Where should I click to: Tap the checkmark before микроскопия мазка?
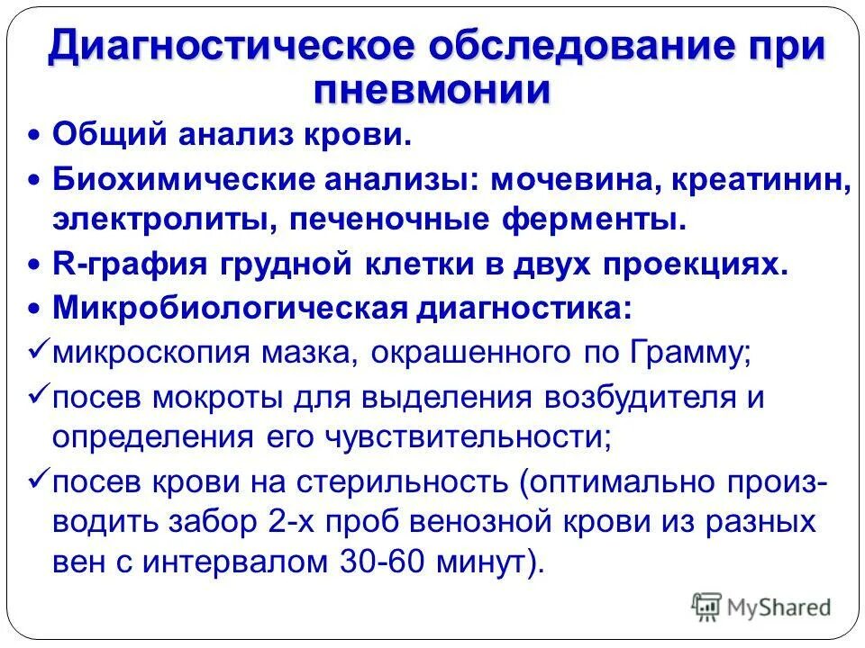37,348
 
